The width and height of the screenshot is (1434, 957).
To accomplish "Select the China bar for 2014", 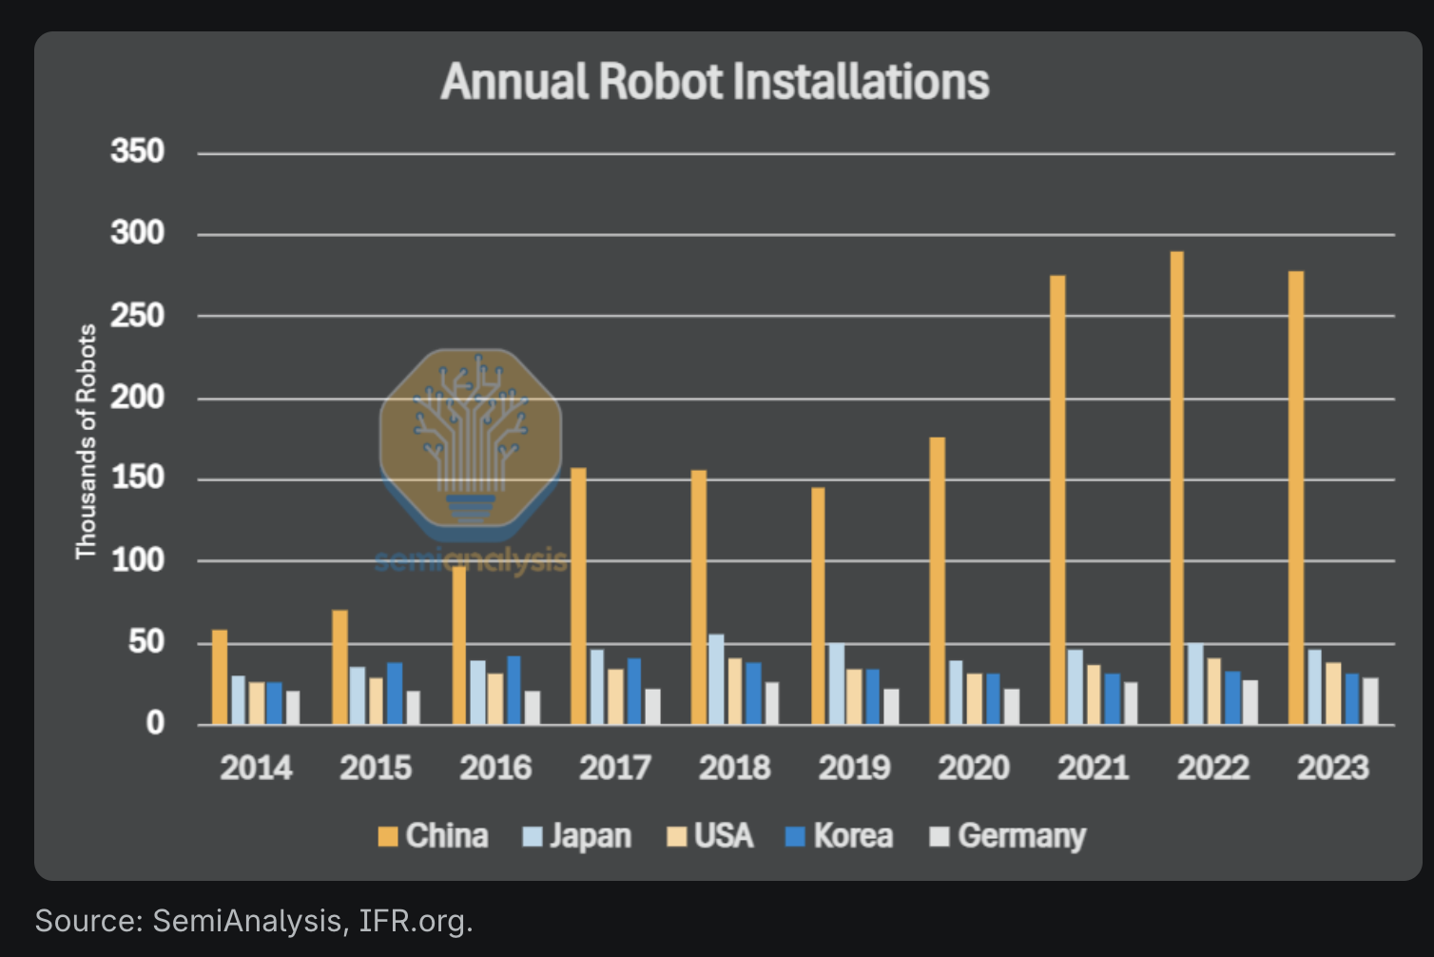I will [x=220, y=676].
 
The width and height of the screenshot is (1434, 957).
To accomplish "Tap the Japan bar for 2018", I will [x=716, y=679].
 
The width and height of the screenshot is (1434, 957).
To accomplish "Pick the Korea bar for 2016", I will [x=514, y=690].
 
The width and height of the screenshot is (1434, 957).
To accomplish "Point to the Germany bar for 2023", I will [x=1370, y=701].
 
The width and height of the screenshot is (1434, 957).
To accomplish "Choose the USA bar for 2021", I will [x=1094, y=694].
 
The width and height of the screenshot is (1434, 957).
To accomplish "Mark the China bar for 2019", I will [x=818, y=606].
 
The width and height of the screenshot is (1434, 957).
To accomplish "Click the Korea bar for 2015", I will [x=395, y=693].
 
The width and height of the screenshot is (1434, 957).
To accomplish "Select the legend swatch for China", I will [x=387, y=837].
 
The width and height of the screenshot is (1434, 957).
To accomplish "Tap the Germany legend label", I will [x=1021, y=836].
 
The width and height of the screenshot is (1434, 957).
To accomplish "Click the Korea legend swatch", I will [x=795, y=837].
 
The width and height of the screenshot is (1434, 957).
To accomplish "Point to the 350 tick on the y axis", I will [x=138, y=151].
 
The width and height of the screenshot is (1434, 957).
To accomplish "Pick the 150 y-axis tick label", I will [x=138, y=478].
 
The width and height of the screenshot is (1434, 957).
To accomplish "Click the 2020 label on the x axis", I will [x=974, y=768].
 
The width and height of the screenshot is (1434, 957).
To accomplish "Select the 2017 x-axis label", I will [x=615, y=768].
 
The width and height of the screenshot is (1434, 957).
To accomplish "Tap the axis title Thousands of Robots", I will [x=87, y=441].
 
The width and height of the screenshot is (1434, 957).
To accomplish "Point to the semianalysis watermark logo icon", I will [x=471, y=438].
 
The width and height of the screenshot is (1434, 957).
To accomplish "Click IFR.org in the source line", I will [x=416, y=921].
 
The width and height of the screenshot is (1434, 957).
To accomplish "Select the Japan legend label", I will [x=590, y=836].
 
